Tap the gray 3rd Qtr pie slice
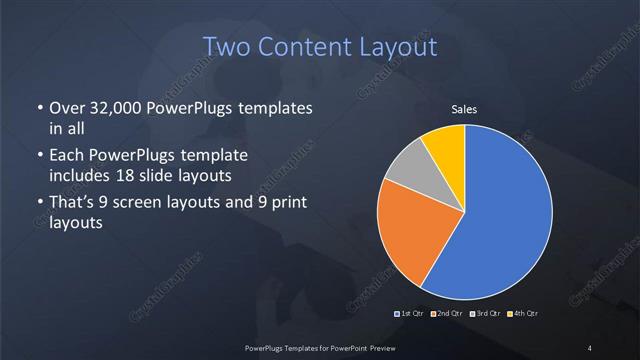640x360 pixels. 404,176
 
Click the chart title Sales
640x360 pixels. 464,107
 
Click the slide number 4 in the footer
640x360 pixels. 590,347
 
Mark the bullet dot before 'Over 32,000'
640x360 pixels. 38,108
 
